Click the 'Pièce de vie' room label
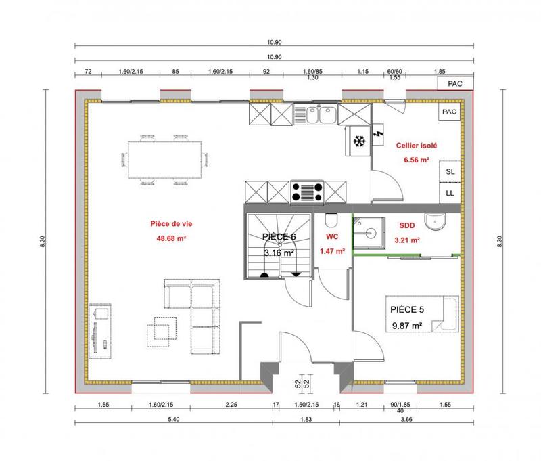(170, 223)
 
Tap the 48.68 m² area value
(170, 238)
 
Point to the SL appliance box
(450, 172)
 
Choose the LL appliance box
(450, 193)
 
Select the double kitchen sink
(317, 114)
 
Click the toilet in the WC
(331, 221)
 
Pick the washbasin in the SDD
(433, 221)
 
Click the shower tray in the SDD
(369, 230)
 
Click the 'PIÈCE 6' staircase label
(279, 237)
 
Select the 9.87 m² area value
(407, 326)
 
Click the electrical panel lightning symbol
(377, 129)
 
